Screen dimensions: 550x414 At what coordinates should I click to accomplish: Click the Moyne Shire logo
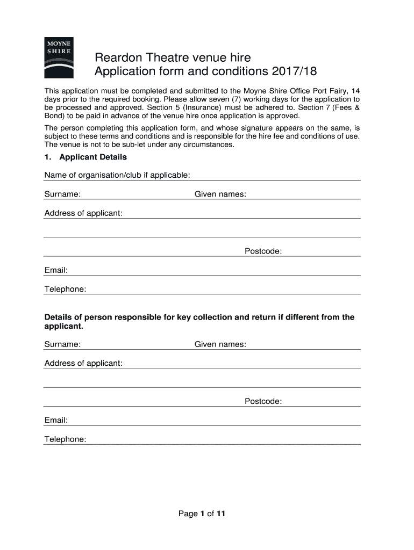(x=59, y=58)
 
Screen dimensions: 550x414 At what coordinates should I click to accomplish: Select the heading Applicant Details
(x=93, y=157)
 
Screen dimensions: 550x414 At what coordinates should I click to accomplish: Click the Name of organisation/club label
(x=117, y=175)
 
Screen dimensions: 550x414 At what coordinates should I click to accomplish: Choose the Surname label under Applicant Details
(x=62, y=194)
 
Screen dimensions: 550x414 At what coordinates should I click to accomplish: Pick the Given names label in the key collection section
(x=220, y=344)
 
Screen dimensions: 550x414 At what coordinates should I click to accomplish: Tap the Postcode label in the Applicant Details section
(x=263, y=251)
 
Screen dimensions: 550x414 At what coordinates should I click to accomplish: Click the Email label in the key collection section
(x=56, y=420)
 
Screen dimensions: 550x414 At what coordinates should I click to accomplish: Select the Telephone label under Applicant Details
(x=65, y=289)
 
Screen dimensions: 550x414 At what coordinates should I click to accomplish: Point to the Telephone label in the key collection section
(x=65, y=439)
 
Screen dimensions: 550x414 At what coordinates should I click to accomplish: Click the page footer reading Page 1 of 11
(x=202, y=514)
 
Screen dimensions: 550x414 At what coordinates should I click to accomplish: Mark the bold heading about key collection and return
(x=199, y=321)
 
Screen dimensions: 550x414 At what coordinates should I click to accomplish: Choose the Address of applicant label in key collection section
(x=83, y=363)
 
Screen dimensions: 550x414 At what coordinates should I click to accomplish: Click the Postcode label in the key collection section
(x=263, y=401)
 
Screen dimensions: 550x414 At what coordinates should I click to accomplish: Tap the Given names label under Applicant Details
(x=220, y=194)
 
